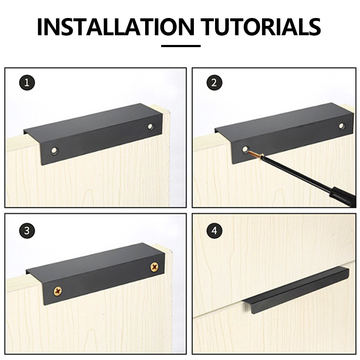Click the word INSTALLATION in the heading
[x=116, y=27]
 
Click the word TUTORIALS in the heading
[x=261, y=27]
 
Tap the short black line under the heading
[x=181, y=46]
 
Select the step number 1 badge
[x=27, y=82]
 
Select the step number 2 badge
[x=214, y=82]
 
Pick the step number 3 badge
[x=27, y=230]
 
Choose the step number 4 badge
[x=214, y=230]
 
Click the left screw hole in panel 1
[x=54, y=151]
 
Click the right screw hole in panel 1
[x=151, y=127]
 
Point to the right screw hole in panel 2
[x=342, y=126]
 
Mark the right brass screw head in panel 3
[x=154, y=267]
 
